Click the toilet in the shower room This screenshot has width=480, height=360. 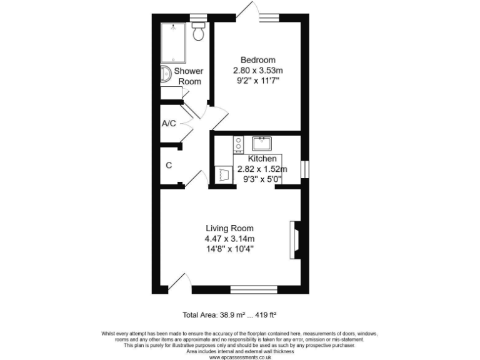coord(199,32)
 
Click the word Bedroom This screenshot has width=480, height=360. coord(258,60)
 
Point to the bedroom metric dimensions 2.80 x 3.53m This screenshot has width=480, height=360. coord(258,70)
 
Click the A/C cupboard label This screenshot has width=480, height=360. coord(168,124)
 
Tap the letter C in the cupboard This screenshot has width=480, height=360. coord(168,166)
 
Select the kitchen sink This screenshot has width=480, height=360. coord(262,144)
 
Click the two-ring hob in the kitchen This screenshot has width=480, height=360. coord(238,144)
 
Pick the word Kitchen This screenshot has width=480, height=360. coord(262,159)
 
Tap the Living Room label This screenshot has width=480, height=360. coord(230,228)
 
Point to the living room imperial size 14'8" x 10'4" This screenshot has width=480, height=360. coord(230,249)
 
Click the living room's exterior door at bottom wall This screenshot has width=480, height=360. coord(179,282)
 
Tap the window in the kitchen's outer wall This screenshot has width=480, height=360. coord(304,169)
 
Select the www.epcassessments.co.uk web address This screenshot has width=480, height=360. coord(240,357)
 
